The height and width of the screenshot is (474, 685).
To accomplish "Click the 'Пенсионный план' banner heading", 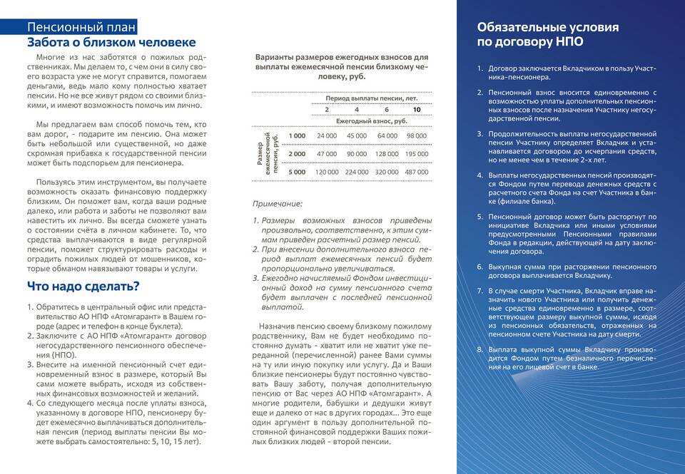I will (x=80, y=28).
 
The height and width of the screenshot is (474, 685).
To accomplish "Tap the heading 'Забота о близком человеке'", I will (x=111, y=43).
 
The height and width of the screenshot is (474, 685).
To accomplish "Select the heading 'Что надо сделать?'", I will (x=83, y=287).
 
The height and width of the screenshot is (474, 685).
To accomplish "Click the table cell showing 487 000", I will (x=416, y=172).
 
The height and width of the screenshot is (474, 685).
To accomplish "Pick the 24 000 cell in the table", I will (x=326, y=135).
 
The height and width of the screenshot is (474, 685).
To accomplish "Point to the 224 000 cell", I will (x=357, y=172).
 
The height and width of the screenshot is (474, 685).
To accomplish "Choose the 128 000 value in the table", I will (x=387, y=153).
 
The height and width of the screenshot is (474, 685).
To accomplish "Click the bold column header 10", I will (x=417, y=110).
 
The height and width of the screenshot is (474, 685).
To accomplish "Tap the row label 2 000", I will (x=297, y=153).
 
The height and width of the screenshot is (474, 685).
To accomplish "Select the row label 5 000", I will (x=297, y=172).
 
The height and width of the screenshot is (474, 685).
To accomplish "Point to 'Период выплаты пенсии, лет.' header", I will (x=371, y=98).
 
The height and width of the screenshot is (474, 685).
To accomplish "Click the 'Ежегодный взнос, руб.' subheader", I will (x=371, y=121).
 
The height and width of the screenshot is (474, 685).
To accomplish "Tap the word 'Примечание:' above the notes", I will (x=277, y=205).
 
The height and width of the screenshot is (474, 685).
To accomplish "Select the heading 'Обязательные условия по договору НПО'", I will (x=547, y=34).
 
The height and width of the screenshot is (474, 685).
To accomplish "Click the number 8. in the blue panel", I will (x=480, y=350).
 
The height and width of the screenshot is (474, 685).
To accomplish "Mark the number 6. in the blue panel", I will (x=480, y=266).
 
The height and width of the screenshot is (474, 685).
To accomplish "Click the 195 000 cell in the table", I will (x=416, y=153).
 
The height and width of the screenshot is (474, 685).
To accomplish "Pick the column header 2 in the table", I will (x=327, y=110).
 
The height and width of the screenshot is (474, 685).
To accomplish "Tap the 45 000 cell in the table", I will (x=357, y=135).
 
